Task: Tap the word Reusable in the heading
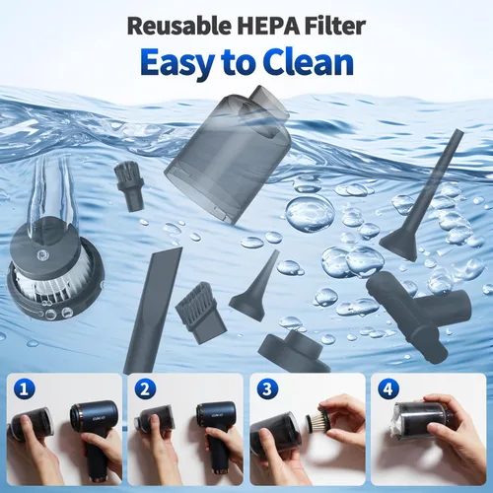179,27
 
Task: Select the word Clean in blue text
309,62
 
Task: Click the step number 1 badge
24,389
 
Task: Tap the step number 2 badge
145,389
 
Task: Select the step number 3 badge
267,389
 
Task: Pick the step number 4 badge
388,389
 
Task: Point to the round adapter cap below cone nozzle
294,351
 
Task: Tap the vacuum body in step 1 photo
96,437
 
